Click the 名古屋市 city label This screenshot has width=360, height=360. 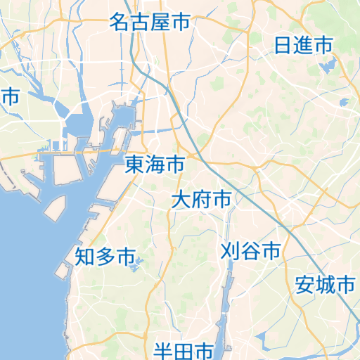pos(150,22)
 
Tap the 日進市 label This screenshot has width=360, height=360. pos(303,46)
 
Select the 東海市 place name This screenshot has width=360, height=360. pos(155,165)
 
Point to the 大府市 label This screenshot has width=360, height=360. pos(202,200)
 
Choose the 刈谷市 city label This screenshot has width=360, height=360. pos(250,251)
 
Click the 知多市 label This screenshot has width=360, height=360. pos(105,257)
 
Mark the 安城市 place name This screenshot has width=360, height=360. pos(325,285)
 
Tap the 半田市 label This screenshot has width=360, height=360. pos(184,350)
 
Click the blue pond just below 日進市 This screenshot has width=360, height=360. pos(327,67)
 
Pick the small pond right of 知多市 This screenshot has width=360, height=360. pos(139,263)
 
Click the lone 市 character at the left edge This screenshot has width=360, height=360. pos(10,97)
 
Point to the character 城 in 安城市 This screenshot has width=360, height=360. pos(325,285)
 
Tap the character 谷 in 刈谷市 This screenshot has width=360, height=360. pos(250,251)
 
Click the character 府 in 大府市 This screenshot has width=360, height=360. pos(202,200)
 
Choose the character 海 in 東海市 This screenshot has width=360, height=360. pos(155,165)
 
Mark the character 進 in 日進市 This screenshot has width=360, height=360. pos(303,46)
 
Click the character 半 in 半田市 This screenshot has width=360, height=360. pos(164,350)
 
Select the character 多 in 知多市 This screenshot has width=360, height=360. pos(105,257)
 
